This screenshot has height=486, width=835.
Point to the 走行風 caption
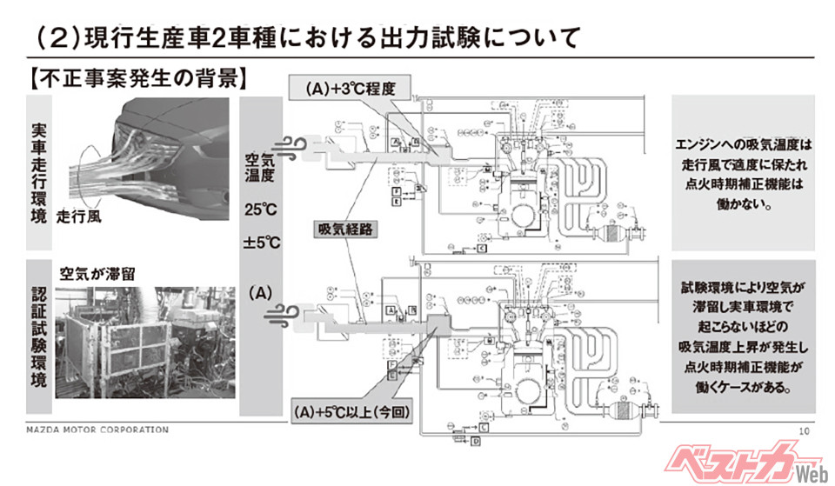pyautogui.click(x=79, y=216)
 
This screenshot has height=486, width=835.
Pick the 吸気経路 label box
pyautogui.click(x=341, y=229)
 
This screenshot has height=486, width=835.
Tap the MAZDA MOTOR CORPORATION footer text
pyautogui.click(x=96, y=429)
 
